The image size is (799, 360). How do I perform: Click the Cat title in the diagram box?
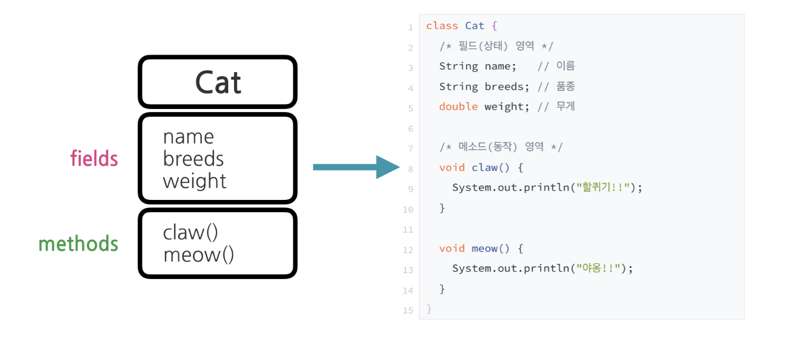coord(218,83)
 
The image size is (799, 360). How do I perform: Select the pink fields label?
coord(94,158)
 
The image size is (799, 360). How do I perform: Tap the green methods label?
coord(78,243)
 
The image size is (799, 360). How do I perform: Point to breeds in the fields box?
coord(193,159)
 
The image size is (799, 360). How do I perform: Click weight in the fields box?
coord(194,181)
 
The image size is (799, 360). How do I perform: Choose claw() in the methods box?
coord(190,232)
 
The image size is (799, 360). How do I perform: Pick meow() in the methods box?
coord(198,255)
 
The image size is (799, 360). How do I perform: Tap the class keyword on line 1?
coord(442,26)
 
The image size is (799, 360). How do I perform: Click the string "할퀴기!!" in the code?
coord(604,188)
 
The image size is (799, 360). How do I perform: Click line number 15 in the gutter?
coord(408,310)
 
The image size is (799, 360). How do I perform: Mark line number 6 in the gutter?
coord(410,128)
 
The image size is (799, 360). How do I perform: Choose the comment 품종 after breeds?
coord(566,87)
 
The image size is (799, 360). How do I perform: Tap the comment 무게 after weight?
coord(566,107)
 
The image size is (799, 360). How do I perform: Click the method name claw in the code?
coord(485,168)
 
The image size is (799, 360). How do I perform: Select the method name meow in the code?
coord(485,249)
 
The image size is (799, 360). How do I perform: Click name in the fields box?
coord(188,137)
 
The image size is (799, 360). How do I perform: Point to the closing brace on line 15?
coord(429,309)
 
